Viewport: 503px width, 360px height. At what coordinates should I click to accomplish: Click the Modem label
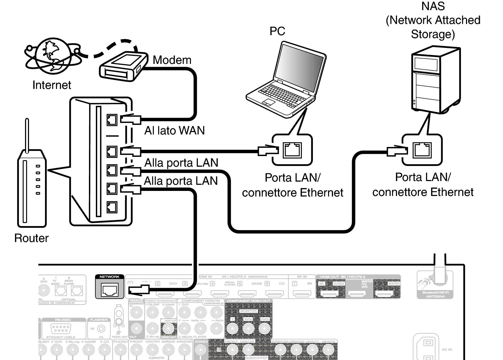pyautogui.click(x=172, y=60)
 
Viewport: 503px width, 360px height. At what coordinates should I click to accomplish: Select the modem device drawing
pyautogui.click(x=123, y=67)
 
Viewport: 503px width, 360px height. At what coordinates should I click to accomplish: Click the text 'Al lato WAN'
pyautogui.click(x=174, y=131)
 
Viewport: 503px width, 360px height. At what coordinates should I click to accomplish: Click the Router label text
pyautogui.click(x=31, y=238)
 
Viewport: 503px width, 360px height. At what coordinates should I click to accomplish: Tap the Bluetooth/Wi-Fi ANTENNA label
pyautogui.click(x=435, y=294)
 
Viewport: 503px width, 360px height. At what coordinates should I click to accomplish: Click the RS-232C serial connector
pyautogui.click(x=60, y=329)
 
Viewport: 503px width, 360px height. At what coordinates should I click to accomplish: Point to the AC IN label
pyautogui.click(x=447, y=350)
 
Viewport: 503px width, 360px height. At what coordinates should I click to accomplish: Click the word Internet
pyautogui.click(x=52, y=85)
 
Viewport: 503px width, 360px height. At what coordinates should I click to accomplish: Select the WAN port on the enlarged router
pyautogui.click(x=112, y=120)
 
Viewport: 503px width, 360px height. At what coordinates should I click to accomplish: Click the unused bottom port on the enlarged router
pyautogui.click(x=112, y=207)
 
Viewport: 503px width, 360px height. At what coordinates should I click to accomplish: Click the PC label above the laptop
pyautogui.click(x=277, y=31)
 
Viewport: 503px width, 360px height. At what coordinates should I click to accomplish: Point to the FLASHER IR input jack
pyautogui.click(x=101, y=329)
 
